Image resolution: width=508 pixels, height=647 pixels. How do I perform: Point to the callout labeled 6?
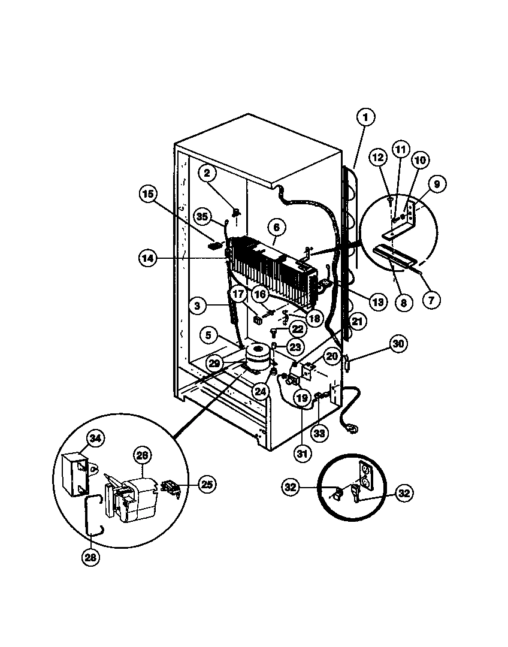[x=276, y=228]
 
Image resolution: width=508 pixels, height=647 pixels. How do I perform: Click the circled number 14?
[x=147, y=258]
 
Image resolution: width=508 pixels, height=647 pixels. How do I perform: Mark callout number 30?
[x=398, y=343]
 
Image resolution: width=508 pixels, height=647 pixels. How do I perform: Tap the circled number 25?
[x=207, y=484]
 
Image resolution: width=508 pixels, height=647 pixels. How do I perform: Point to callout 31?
[x=303, y=453]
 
